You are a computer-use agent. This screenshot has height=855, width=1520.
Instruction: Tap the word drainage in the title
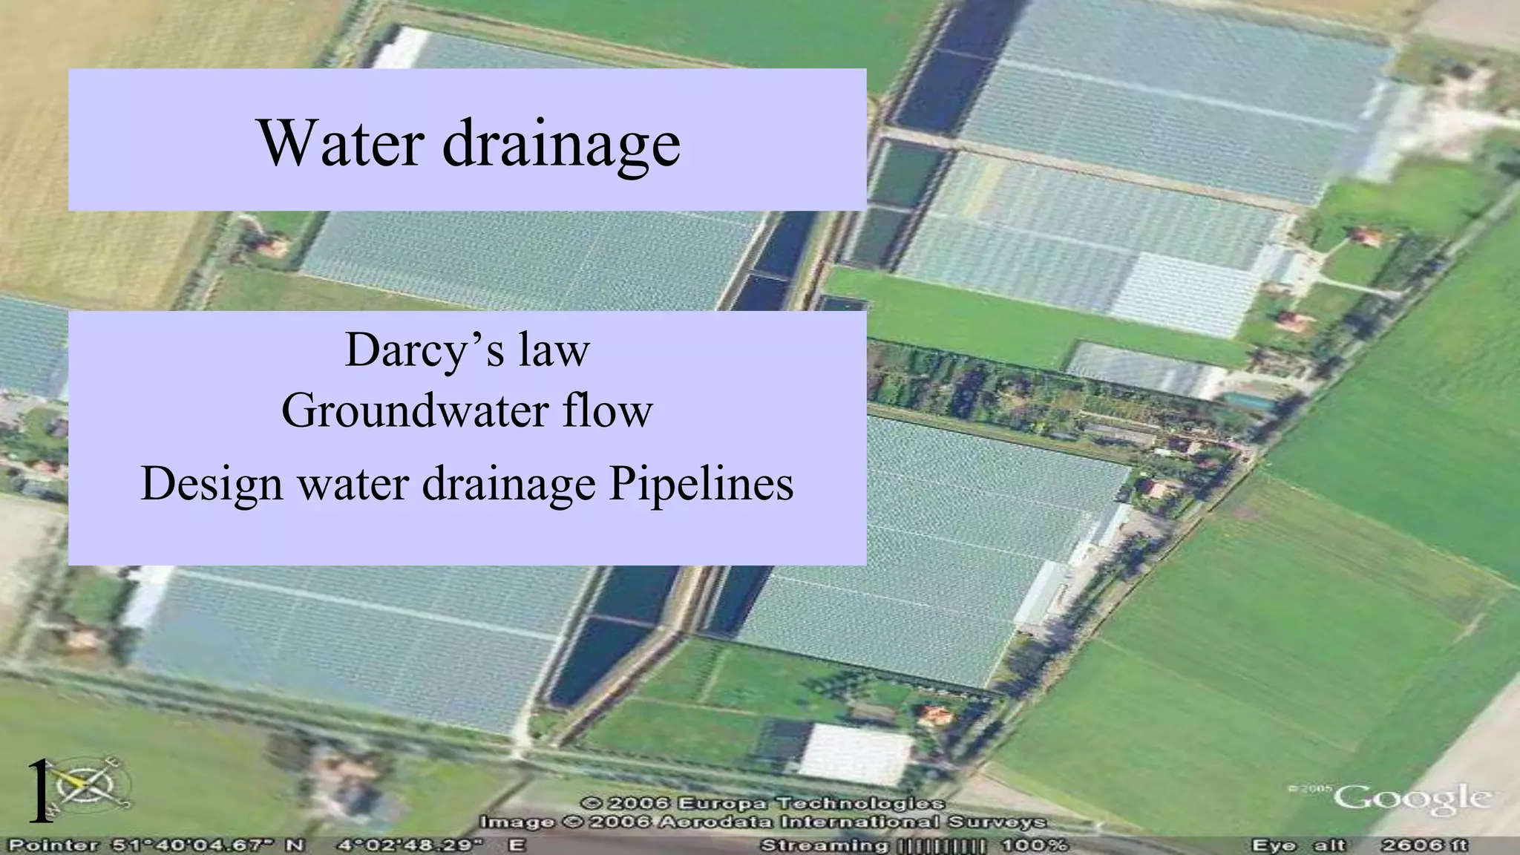pos(561,144)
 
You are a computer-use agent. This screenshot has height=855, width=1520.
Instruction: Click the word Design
pos(212,484)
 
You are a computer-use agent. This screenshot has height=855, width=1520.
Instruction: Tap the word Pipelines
pos(701,484)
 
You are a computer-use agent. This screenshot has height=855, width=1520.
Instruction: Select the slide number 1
pos(39,793)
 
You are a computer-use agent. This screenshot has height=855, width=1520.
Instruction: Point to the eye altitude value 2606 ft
pos(1424,845)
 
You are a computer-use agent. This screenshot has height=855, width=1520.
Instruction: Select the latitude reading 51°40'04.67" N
pos(209,845)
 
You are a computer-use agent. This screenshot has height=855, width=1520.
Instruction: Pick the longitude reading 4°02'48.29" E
pos(431,845)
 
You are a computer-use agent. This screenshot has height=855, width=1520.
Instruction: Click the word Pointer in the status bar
pos(53,845)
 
